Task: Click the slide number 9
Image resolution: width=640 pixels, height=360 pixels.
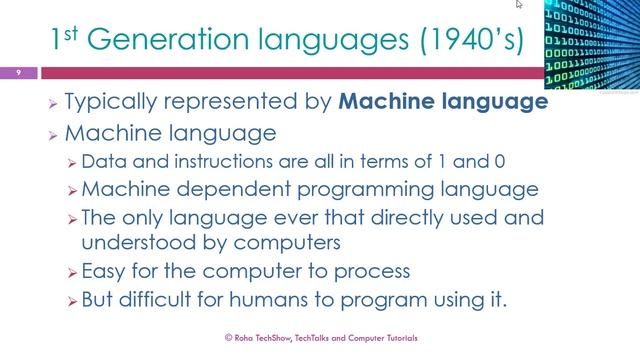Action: click(18, 72)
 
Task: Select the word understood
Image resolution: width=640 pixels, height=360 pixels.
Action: click(129, 242)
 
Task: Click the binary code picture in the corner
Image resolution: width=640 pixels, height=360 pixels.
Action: click(592, 45)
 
